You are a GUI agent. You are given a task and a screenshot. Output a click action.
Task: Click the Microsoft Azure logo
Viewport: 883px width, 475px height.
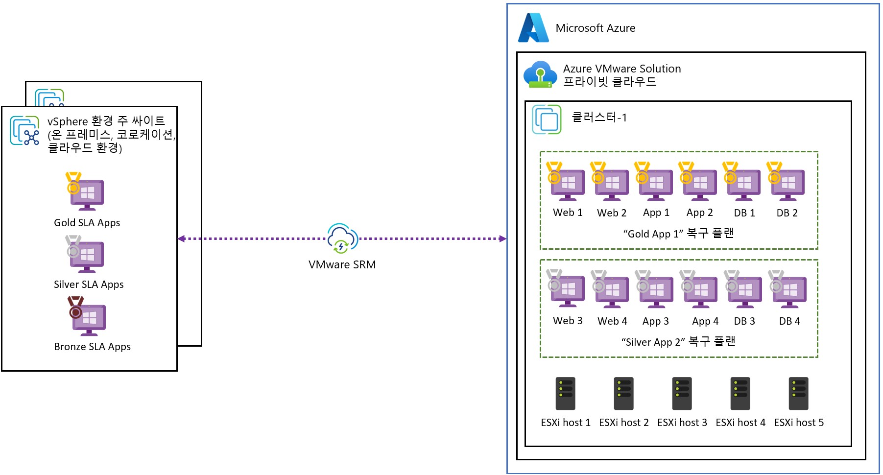pyautogui.click(x=533, y=28)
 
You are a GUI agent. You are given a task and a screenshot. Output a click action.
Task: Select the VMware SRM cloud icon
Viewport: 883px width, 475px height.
pyautogui.click(x=342, y=238)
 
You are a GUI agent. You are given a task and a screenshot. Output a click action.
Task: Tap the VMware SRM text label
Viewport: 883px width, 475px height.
pyautogui.click(x=342, y=264)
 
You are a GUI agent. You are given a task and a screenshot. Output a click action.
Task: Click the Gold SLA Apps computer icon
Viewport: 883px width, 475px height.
pyautogui.click(x=85, y=192)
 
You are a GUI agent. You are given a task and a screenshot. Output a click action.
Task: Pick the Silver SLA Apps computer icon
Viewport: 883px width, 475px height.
pyautogui.click(x=85, y=255)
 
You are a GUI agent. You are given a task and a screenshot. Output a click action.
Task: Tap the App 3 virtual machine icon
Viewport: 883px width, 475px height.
pyautogui.click(x=655, y=290)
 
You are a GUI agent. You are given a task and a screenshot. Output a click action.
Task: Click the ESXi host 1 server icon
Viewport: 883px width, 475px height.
pyautogui.click(x=565, y=393)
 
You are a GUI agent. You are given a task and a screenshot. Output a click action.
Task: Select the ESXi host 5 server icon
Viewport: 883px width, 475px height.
pyautogui.click(x=798, y=393)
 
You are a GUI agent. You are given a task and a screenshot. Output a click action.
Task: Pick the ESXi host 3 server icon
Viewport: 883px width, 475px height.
pyautogui.click(x=682, y=393)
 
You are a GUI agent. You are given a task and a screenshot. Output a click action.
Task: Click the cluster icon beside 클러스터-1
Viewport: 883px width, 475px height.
pyautogui.click(x=547, y=119)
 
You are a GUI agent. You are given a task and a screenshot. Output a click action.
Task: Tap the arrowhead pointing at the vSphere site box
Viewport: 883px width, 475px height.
pyautogui.click(x=181, y=238)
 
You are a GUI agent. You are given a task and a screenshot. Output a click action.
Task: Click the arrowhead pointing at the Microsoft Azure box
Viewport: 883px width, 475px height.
pyautogui.click(x=502, y=238)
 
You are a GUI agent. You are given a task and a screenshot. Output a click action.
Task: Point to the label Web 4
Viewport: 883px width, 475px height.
pyautogui.click(x=612, y=321)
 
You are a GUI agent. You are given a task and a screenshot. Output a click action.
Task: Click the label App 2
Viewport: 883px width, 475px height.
pyautogui.click(x=699, y=213)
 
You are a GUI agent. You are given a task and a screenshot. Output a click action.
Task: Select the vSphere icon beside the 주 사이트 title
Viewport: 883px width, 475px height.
pyautogui.click(x=24, y=131)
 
